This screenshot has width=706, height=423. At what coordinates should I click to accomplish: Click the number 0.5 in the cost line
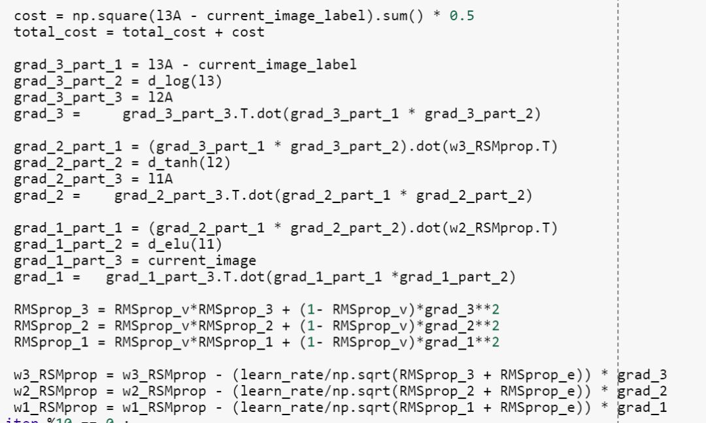(x=462, y=15)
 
